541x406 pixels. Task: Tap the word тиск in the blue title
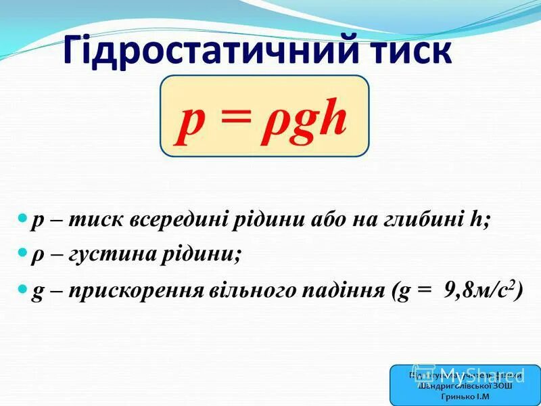405,51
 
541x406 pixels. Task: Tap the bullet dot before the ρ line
22,252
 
